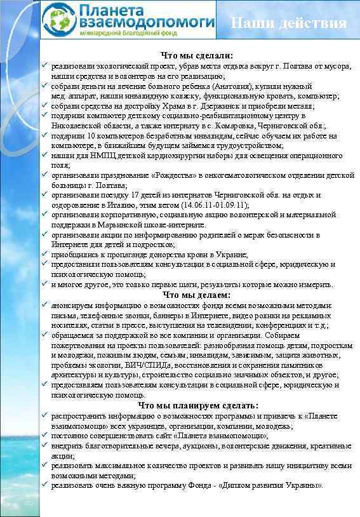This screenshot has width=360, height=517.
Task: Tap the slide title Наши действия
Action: (x=289, y=24)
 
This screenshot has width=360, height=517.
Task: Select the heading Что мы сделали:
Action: (x=197, y=56)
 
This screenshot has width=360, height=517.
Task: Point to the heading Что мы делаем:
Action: (x=197, y=295)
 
